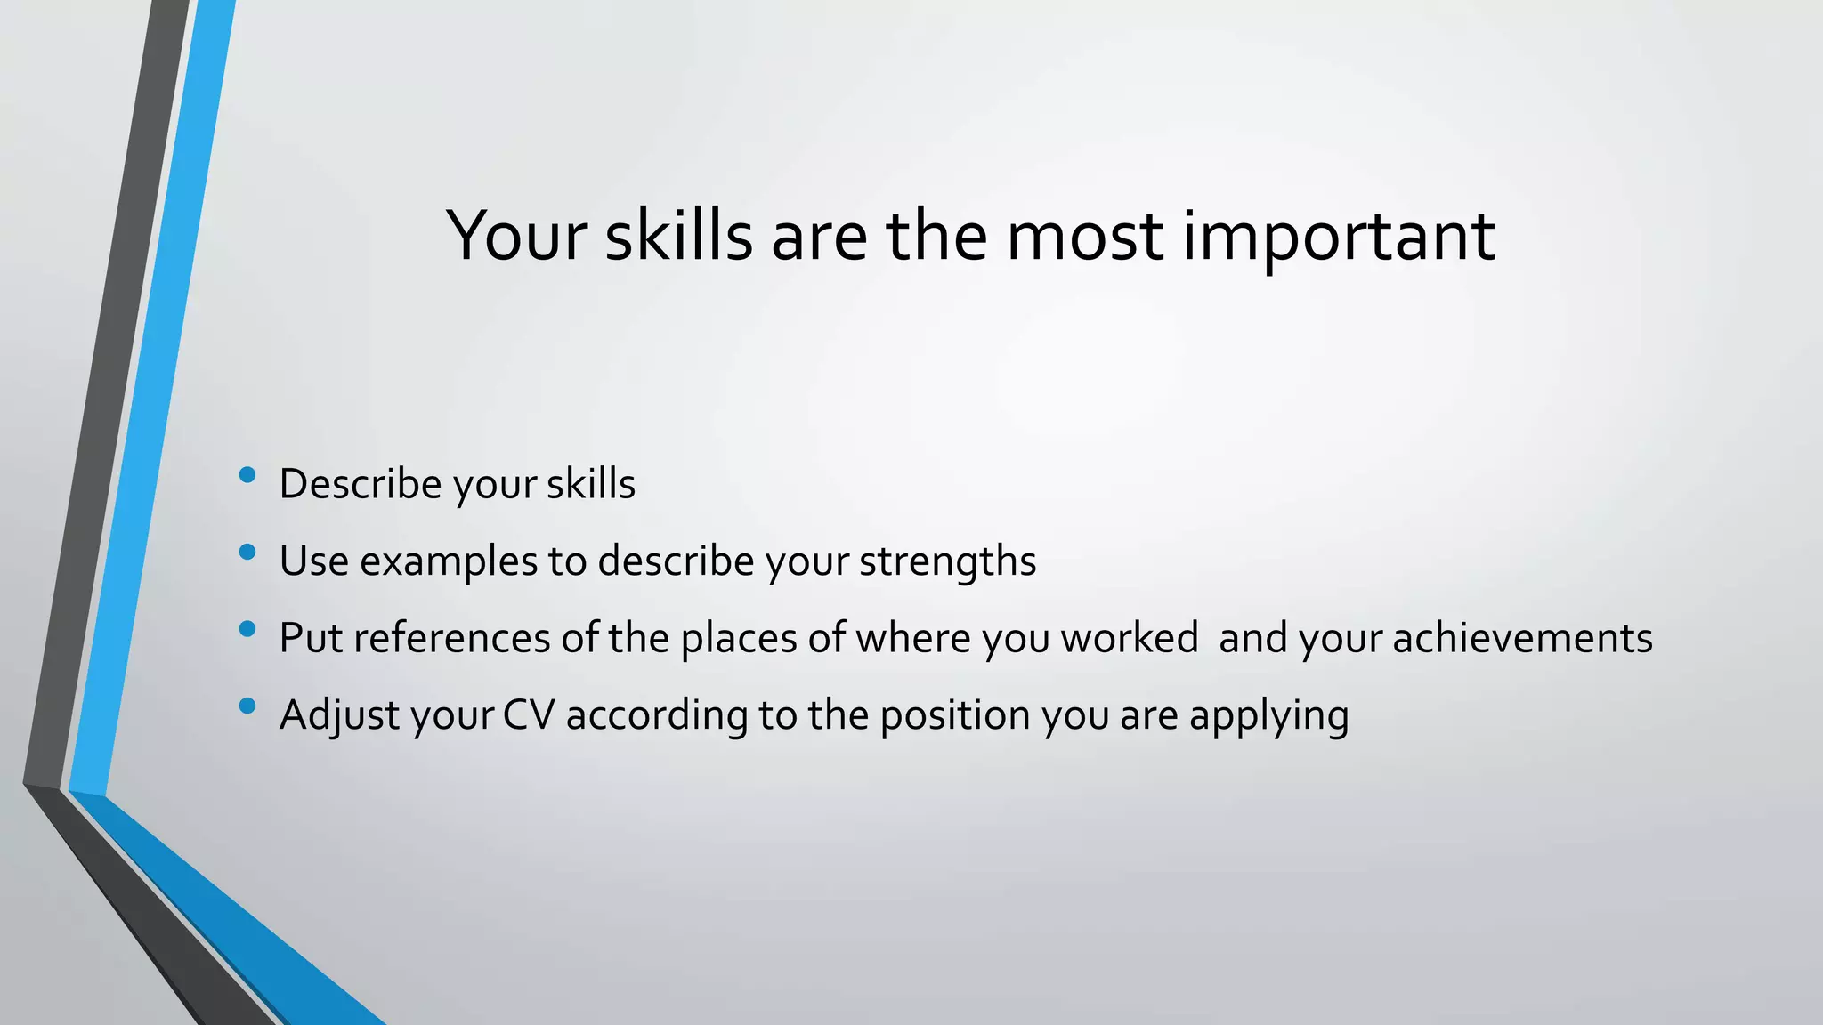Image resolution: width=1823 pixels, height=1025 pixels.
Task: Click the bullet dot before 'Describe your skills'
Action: coord(247,475)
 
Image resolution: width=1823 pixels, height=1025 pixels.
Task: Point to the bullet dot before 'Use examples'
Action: coord(247,553)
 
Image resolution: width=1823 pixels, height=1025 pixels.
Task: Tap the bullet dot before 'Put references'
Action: coord(247,629)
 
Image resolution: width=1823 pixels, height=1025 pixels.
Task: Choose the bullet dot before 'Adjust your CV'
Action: coord(247,706)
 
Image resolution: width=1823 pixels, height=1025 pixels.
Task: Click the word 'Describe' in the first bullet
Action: coord(361,484)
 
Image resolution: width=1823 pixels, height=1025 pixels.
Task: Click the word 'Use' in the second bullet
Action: coord(313,561)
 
